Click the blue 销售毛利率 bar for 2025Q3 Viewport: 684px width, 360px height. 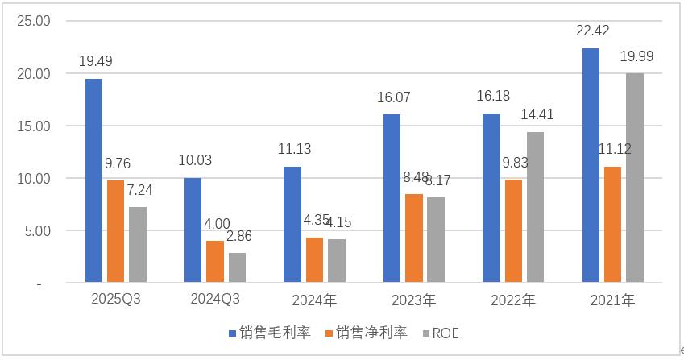[x=94, y=181]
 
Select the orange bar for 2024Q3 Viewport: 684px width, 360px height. [x=215, y=262]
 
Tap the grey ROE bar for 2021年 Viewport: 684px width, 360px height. [x=635, y=178]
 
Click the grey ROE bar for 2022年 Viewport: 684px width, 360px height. [x=536, y=208]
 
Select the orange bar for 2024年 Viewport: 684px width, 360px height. [x=314, y=260]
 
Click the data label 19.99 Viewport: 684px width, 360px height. [x=635, y=56]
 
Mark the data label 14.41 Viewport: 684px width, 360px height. [x=537, y=114]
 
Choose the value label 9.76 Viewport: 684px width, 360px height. [x=116, y=163]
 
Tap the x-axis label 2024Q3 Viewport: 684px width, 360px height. [x=215, y=300]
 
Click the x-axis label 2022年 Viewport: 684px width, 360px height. [x=513, y=301]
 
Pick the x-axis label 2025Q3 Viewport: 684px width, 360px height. [x=116, y=300]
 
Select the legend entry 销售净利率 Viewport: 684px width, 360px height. [x=367, y=333]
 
